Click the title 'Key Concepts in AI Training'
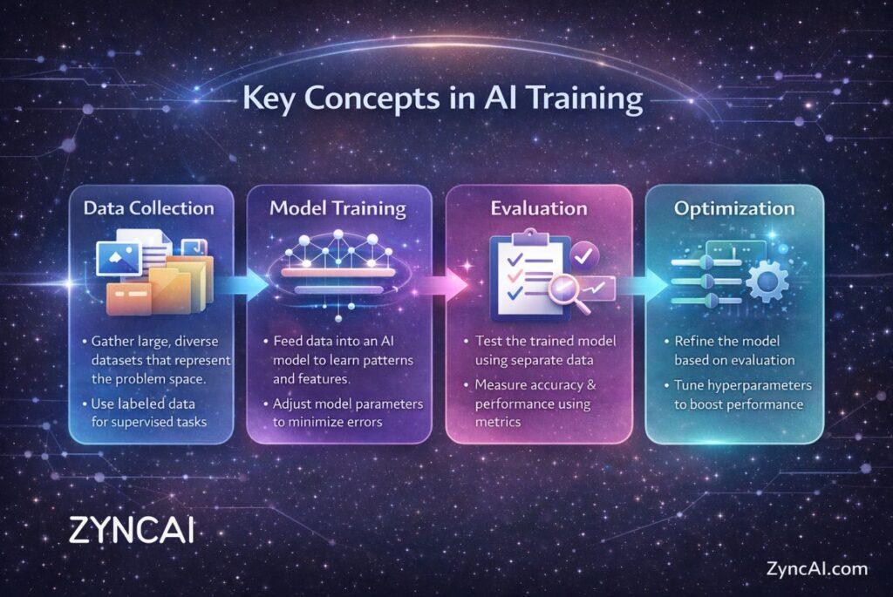(x=442, y=98)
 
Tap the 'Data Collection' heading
(x=148, y=207)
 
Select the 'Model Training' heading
(x=337, y=208)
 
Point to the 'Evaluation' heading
(x=539, y=208)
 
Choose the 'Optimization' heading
(x=734, y=209)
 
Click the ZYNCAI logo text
(x=132, y=530)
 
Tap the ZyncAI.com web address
(x=816, y=568)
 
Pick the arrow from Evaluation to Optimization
(x=643, y=283)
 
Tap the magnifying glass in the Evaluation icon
(x=569, y=294)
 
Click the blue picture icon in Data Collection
(x=119, y=258)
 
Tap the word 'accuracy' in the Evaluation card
(x=551, y=385)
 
